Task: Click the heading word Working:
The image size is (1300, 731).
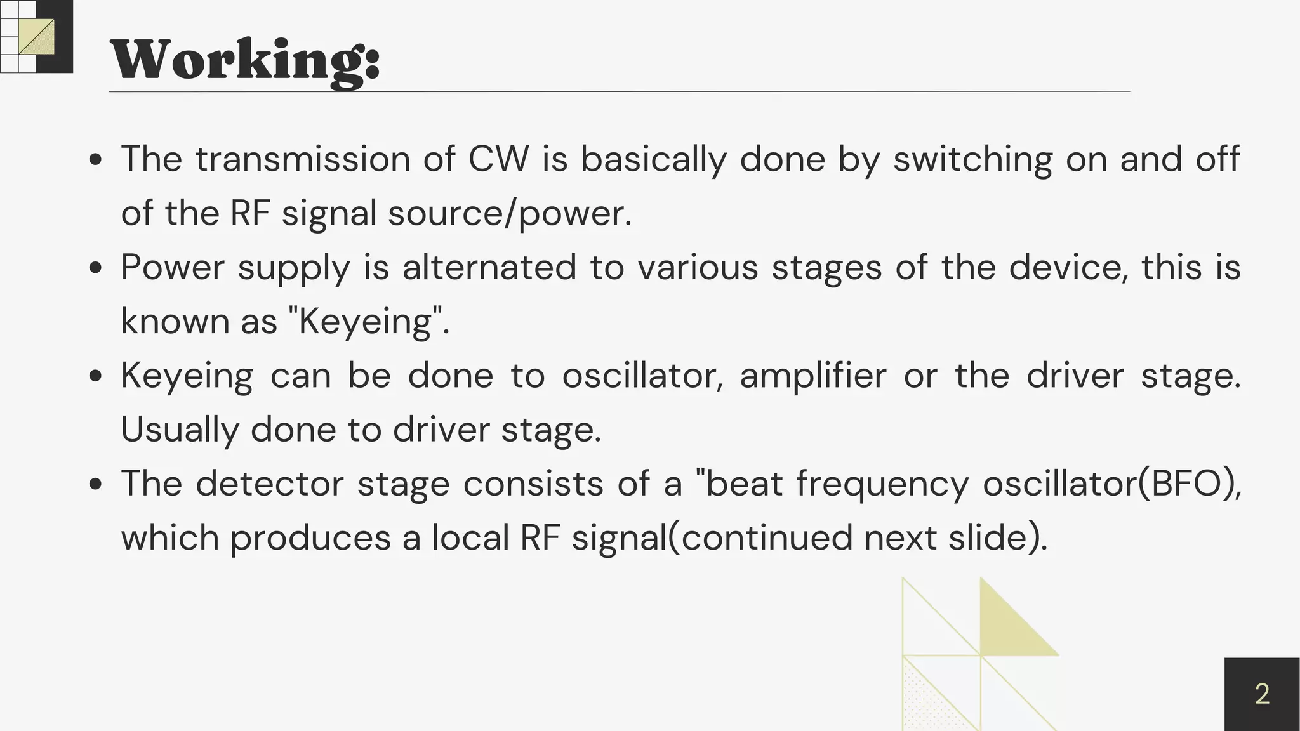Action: pos(245,60)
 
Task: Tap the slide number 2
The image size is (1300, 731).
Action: pos(1262,694)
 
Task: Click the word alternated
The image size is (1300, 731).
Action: pos(489,267)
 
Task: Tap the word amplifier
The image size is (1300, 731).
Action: pos(813,376)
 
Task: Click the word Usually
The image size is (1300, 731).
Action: pos(180,430)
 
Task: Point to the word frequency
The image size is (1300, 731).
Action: pos(882,485)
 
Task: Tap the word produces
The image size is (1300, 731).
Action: pos(310,539)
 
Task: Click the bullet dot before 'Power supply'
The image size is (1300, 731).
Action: pos(96,268)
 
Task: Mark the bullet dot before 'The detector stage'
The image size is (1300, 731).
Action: pos(96,484)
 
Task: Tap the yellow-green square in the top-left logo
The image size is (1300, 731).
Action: pos(36,37)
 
